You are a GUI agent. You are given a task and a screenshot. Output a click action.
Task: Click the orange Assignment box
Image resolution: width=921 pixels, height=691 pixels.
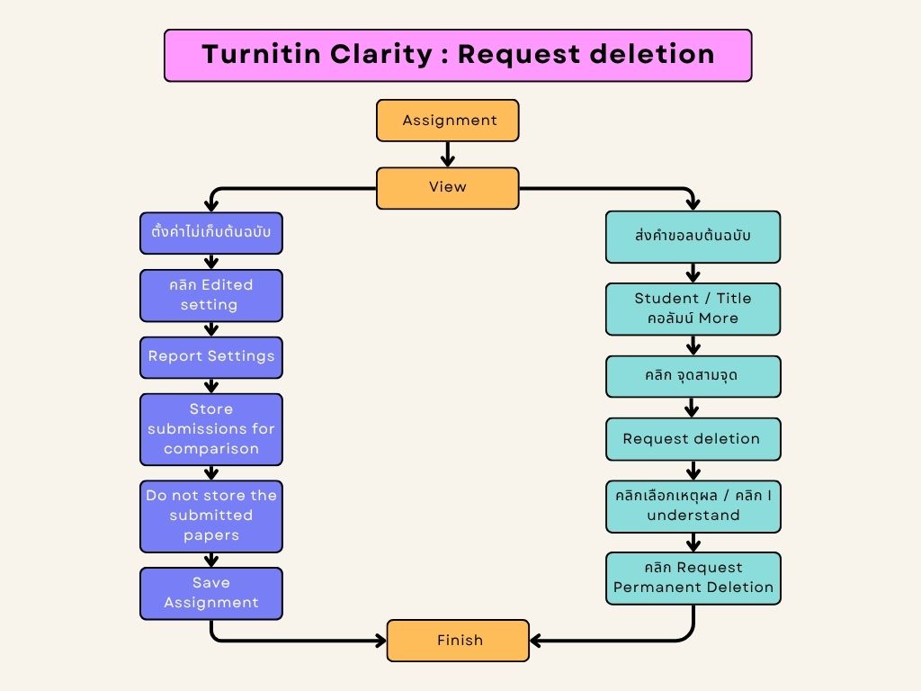447,121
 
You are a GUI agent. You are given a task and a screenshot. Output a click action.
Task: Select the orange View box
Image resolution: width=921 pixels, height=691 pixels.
447,188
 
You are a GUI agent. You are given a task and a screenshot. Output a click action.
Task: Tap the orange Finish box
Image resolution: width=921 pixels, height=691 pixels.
458,641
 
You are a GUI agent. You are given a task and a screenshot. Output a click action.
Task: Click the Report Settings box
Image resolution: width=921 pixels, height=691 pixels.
211,356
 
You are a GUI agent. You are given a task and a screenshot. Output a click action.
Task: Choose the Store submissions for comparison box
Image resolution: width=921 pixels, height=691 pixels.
211,429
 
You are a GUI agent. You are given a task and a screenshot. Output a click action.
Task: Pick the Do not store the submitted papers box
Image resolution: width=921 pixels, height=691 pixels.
211,516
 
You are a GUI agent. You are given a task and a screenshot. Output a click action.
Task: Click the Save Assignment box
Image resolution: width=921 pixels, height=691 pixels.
211,593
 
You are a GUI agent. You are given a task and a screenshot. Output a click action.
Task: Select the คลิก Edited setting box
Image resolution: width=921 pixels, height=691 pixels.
211,295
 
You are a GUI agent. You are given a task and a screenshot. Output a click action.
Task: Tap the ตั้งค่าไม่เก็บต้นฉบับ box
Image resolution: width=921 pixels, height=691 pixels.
211,235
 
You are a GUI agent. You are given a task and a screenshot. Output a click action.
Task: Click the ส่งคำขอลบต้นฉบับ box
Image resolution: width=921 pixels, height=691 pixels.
693,237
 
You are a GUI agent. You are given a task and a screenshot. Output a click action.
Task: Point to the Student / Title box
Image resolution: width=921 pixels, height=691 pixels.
693,309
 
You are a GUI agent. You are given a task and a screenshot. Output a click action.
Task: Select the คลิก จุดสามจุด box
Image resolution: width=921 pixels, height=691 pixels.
693,376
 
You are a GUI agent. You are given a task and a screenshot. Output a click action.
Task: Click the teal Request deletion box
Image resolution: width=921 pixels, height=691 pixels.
693,439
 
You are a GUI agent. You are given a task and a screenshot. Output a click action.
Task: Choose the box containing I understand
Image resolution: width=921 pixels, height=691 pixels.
693,506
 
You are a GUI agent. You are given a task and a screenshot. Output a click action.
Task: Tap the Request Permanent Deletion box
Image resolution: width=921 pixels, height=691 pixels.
693,578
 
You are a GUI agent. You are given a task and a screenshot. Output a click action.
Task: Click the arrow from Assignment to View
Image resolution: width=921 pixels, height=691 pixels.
447,154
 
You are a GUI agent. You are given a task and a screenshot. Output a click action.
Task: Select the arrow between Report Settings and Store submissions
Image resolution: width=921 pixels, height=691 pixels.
211,385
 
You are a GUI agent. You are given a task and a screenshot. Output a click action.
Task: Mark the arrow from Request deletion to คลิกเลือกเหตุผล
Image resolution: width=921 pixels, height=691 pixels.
693,471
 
